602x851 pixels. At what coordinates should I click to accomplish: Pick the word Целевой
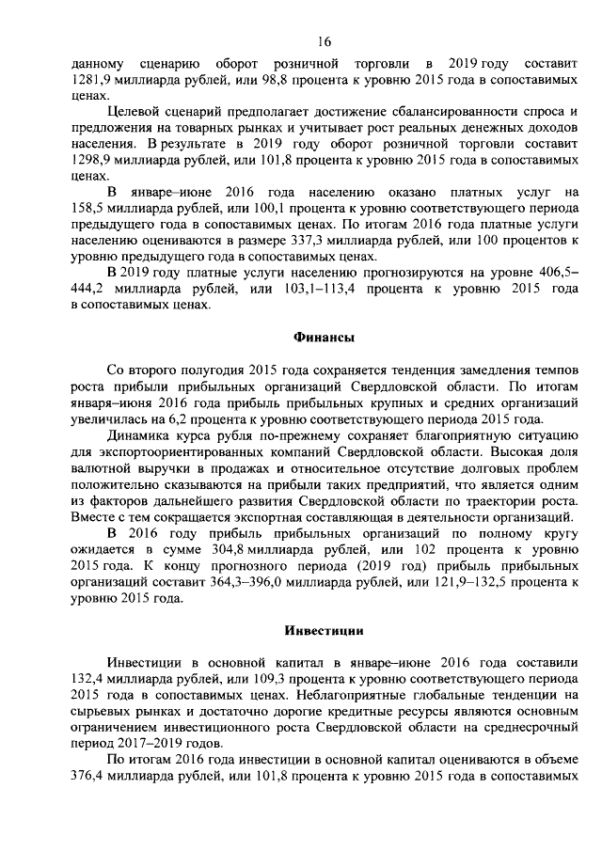pyautogui.click(x=132, y=112)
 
